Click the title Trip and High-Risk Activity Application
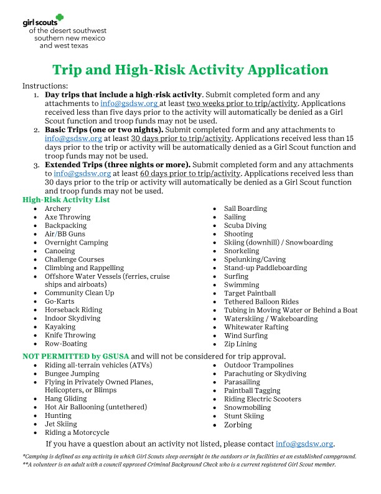(x=190, y=69)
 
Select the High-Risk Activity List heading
(x=66, y=200)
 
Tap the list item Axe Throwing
(x=67, y=217)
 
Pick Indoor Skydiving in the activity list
(x=73, y=318)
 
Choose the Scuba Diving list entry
(x=245, y=226)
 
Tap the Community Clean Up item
(x=79, y=293)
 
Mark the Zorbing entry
(x=238, y=425)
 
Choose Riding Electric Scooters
(x=262, y=399)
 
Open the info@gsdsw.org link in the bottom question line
(x=304, y=444)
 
